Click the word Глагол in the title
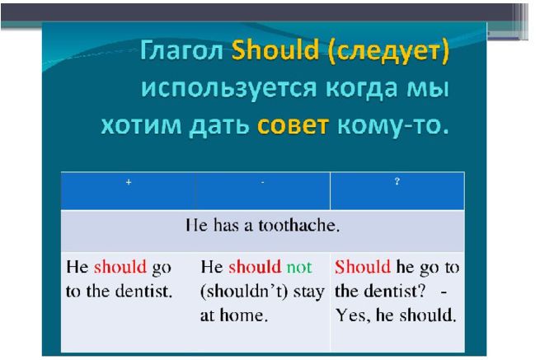pos(182,50)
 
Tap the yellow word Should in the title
pos(275,49)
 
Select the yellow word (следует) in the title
pos(388,52)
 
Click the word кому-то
pos(393,126)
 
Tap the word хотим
pos(141,125)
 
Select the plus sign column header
pos(129,182)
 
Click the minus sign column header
pos(263,182)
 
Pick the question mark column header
pos(397,181)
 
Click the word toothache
pos(299,226)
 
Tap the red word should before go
pos(120,267)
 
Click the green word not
pos(299,268)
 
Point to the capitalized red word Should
pos(363,267)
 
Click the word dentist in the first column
pos(143,292)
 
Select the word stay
pos(309,292)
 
